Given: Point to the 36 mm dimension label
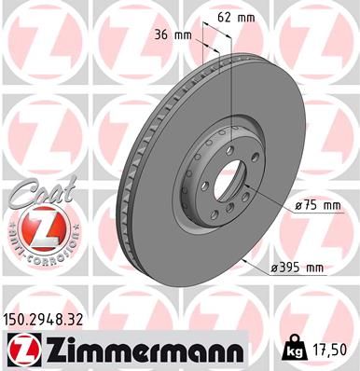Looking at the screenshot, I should tap(170, 35).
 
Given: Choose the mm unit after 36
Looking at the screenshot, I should tap(181, 35).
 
